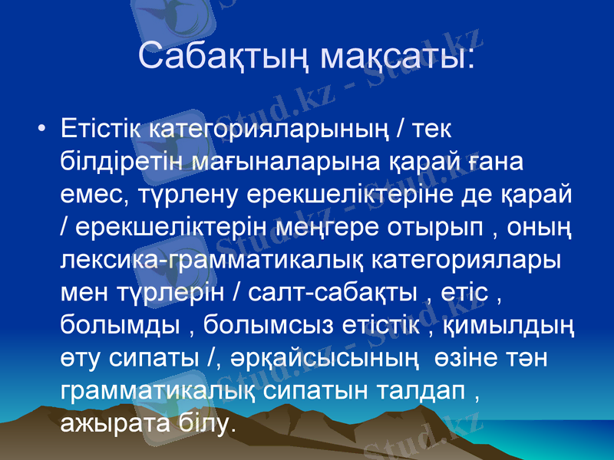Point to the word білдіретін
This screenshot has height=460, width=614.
tap(127, 162)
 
